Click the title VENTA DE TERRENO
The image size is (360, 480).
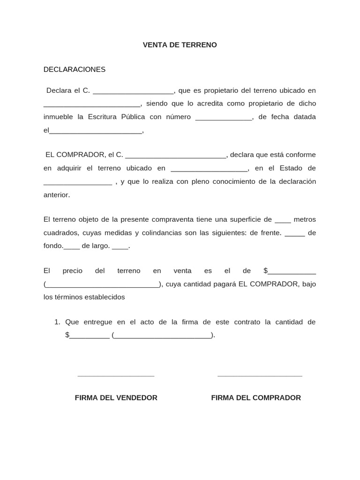pyautogui.click(x=180, y=45)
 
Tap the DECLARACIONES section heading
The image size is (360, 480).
pyautogui.click(x=75, y=69)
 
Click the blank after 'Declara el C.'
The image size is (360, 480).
pyautogui.click(x=134, y=91)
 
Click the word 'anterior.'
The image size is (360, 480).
pyautogui.click(x=57, y=195)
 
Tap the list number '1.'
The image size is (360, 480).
pyautogui.click(x=58, y=322)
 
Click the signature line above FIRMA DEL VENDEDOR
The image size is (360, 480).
pyautogui.click(x=116, y=375)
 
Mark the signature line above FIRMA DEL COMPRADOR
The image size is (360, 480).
pyautogui.click(x=260, y=375)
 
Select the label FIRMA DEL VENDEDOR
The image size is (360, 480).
pyautogui.click(x=116, y=397)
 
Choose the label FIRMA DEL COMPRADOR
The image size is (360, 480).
pyautogui.click(x=256, y=397)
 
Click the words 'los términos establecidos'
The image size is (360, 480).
pyautogui.click(x=84, y=297)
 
